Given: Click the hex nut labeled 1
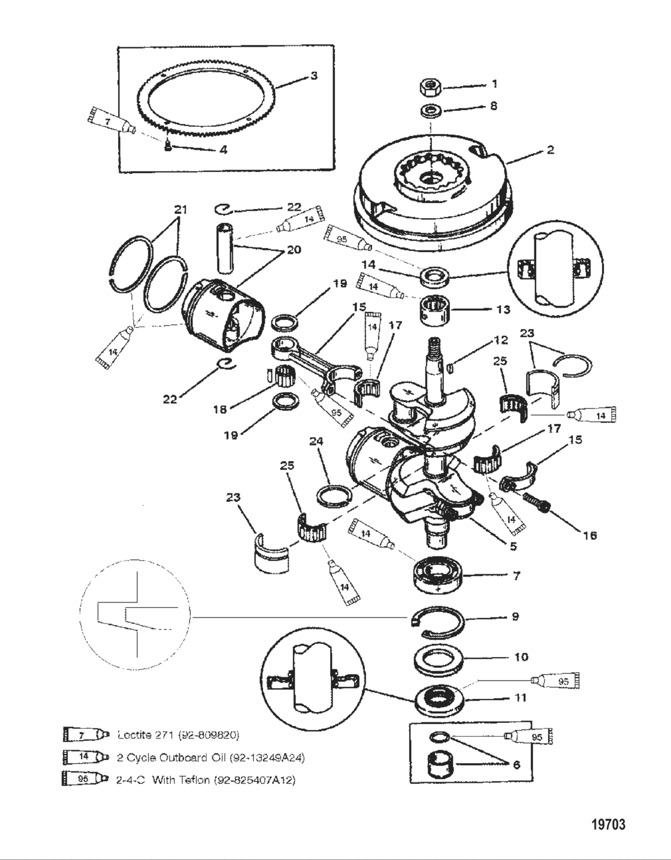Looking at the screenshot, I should pos(431,87).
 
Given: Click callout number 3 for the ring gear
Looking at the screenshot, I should pos(313,76).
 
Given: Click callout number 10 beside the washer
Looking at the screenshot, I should pos(521,657).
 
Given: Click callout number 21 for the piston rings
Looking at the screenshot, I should pos(180,210).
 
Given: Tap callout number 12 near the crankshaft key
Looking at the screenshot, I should pos(500,340).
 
